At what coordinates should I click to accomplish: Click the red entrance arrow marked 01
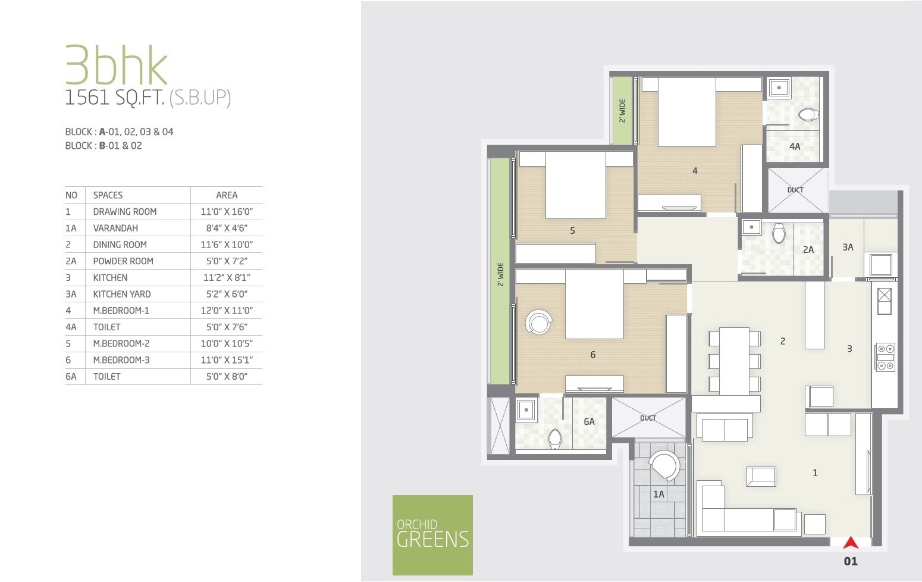tap(851, 543)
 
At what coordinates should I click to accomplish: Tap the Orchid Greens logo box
tap(432, 535)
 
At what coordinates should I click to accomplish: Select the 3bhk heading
tap(116, 65)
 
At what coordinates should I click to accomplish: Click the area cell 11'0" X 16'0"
tap(227, 212)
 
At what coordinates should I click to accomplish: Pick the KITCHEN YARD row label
tap(122, 294)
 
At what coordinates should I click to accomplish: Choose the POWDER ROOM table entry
tap(123, 261)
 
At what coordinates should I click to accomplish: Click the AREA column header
tap(227, 195)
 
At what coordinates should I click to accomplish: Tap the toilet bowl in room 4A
tap(808, 114)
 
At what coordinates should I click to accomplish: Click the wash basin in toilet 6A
tap(526, 410)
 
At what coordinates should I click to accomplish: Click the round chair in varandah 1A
tap(664, 465)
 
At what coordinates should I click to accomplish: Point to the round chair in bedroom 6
tap(540, 323)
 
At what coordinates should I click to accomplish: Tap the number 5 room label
tap(572, 231)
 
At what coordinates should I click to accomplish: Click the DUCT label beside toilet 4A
tap(795, 190)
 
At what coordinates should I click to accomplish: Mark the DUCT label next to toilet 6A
tap(648, 418)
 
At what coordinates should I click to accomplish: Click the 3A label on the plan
tap(848, 248)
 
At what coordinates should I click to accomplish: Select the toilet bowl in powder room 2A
tap(779, 233)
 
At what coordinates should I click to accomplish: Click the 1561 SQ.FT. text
tap(114, 98)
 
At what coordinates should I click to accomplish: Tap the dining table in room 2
tap(734, 361)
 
